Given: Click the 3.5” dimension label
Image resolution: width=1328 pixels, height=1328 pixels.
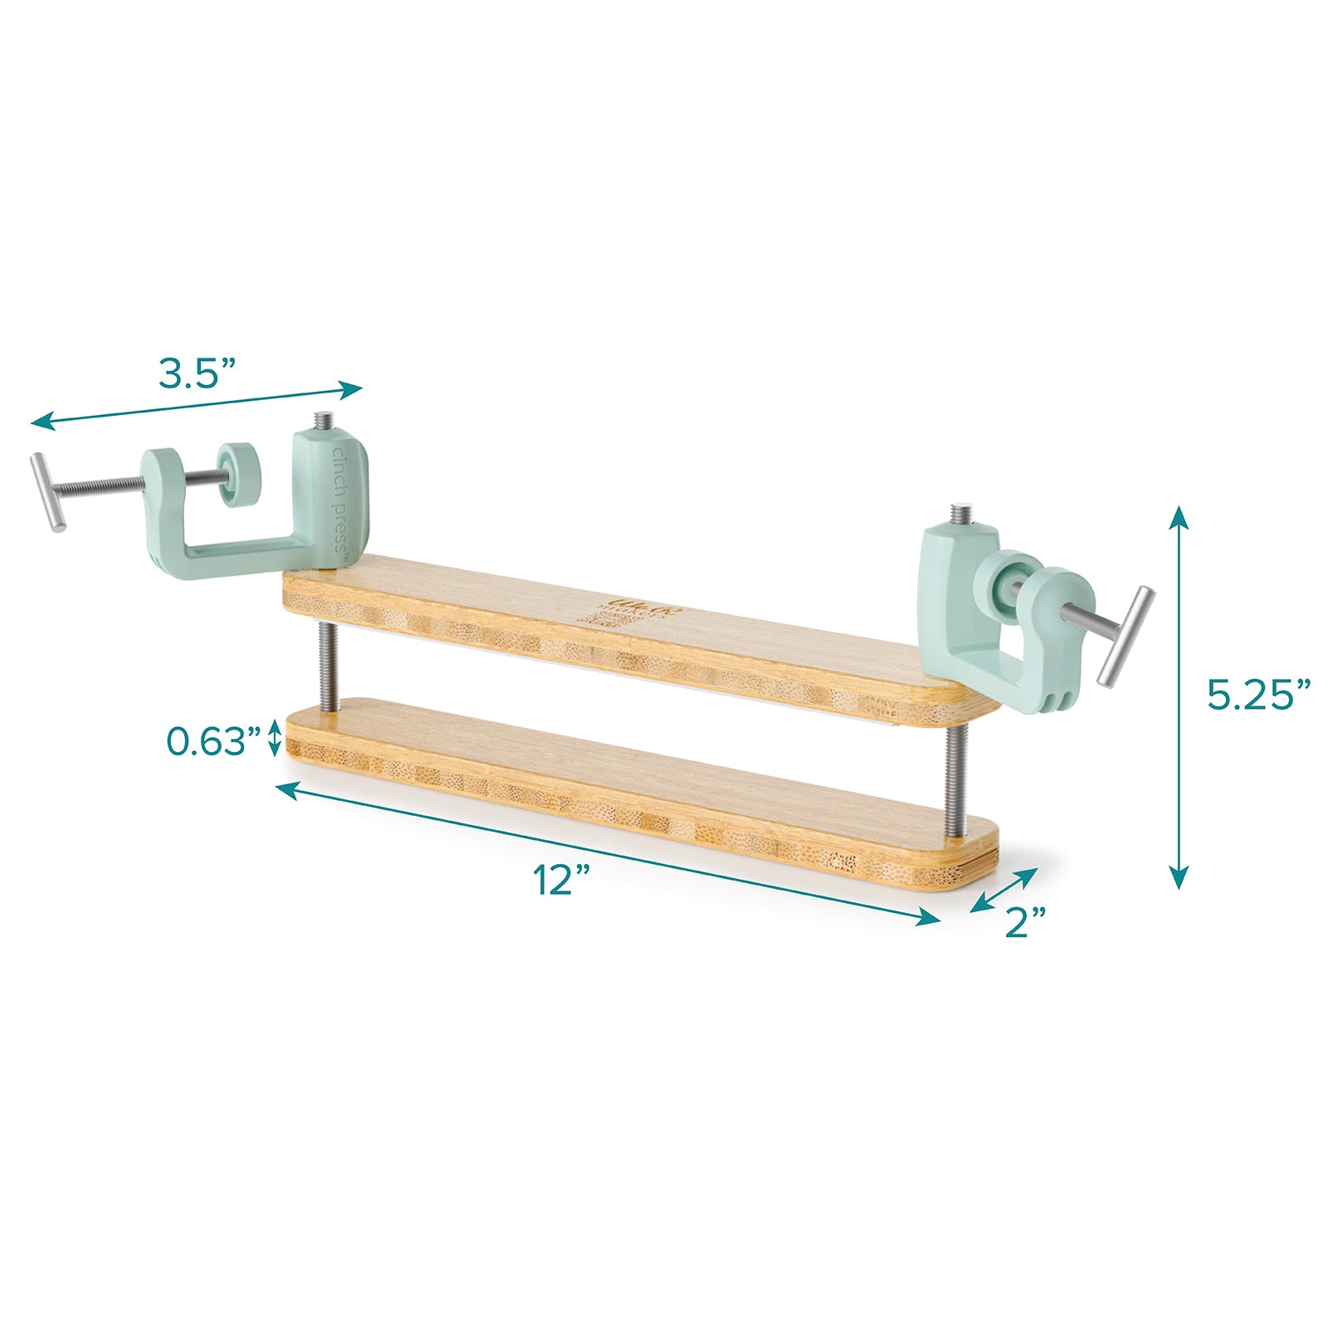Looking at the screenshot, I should tap(198, 374).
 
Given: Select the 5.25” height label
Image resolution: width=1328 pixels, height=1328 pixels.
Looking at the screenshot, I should tap(1258, 695).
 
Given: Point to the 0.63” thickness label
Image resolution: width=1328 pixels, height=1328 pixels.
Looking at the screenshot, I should tap(214, 741).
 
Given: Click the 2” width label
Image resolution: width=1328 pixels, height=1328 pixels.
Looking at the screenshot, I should tap(1025, 922).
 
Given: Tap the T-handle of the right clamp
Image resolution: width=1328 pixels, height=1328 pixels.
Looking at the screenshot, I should tap(1126, 636).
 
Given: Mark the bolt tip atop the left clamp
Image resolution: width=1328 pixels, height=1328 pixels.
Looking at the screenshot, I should tap(321, 422).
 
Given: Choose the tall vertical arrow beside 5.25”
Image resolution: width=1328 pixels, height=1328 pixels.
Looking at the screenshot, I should tap(1179, 697).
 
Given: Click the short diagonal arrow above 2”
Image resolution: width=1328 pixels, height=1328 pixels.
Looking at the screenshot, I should tap(1005, 889).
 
